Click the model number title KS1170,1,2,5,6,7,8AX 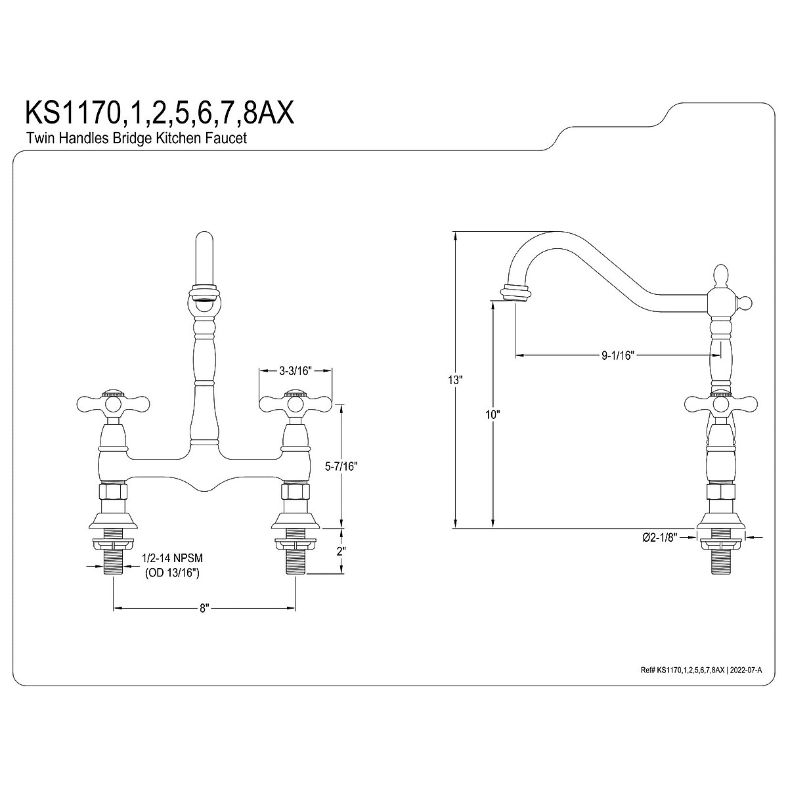[x=160, y=113]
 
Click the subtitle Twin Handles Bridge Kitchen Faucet [x=137, y=138]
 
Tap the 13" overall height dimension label [x=454, y=380]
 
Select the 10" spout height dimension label [x=492, y=414]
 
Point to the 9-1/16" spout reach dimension [x=617, y=355]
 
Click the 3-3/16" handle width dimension [x=295, y=370]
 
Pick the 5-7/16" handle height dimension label [x=341, y=466]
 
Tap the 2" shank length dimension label [x=341, y=551]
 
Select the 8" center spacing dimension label [x=204, y=620]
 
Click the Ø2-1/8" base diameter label [x=660, y=537]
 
